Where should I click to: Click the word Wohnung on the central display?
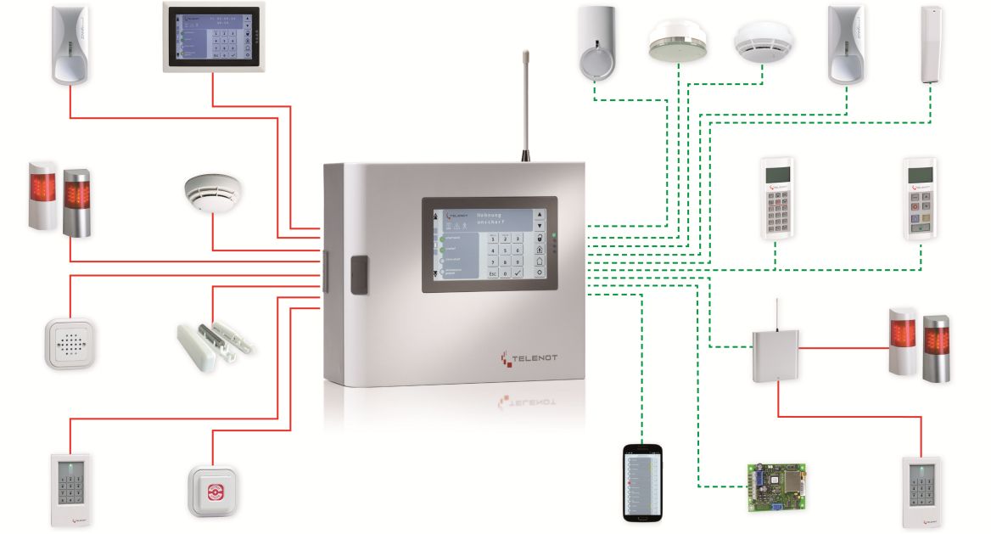491,214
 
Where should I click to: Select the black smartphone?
641,481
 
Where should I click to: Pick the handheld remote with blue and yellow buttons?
920,197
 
